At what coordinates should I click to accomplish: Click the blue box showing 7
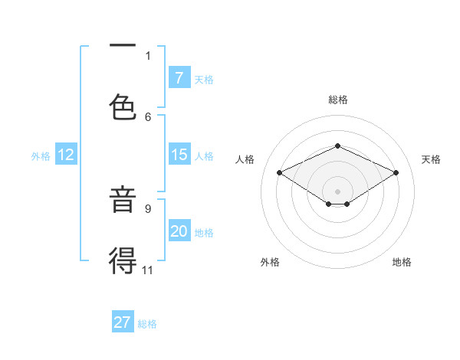pos(179,78)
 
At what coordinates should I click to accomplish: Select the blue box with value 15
pos(179,155)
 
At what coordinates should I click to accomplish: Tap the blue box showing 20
pos(179,231)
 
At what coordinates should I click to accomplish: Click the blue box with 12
pos(66,155)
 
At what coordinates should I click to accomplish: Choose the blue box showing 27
pos(123,322)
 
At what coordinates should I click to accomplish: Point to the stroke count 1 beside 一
pos(148,55)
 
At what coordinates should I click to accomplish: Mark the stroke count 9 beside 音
pos(148,208)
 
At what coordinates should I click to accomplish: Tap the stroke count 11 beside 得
pos(148,269)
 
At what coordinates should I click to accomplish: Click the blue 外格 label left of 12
pos(41,155)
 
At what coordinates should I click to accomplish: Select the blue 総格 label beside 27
pos(147,324)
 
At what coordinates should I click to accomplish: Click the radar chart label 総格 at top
pos(337,100)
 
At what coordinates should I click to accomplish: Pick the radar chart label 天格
pos(431,159)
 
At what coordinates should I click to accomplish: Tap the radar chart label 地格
pos(402,263)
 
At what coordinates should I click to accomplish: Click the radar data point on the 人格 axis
pos(280,173)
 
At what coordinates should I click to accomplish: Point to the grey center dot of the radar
pos(337,191)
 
